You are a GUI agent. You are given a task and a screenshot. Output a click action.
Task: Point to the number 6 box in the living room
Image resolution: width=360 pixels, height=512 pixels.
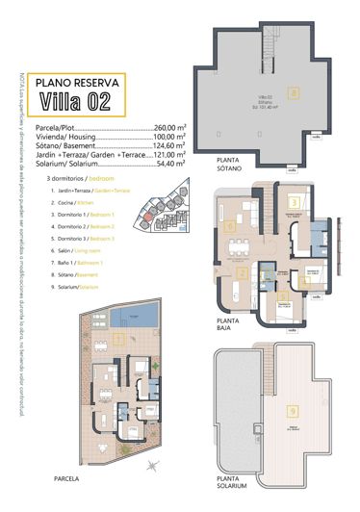pos(231,227)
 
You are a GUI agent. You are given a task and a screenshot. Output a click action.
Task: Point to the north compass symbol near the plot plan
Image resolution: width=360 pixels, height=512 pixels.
pos(152,466)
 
